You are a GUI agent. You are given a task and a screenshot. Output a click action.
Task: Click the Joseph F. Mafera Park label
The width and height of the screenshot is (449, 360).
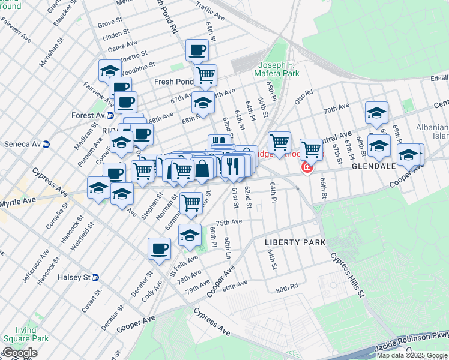point(279,70)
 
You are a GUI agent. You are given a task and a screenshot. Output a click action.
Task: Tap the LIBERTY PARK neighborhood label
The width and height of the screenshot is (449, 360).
point(295,242)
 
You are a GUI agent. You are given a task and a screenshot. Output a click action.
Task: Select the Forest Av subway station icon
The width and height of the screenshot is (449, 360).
point(110,116)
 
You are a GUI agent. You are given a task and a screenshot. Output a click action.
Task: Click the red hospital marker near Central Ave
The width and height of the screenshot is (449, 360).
point(307,167)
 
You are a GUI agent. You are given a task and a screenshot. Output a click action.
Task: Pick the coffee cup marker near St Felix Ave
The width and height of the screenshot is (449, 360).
point(160,248)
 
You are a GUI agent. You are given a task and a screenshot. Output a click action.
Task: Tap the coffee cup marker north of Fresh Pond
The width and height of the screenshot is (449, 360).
point(197,50)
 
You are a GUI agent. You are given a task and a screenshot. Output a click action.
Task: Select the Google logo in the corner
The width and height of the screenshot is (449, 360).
point(19,353)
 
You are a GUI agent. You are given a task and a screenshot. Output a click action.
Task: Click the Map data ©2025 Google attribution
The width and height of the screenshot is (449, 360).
point(412,355)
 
